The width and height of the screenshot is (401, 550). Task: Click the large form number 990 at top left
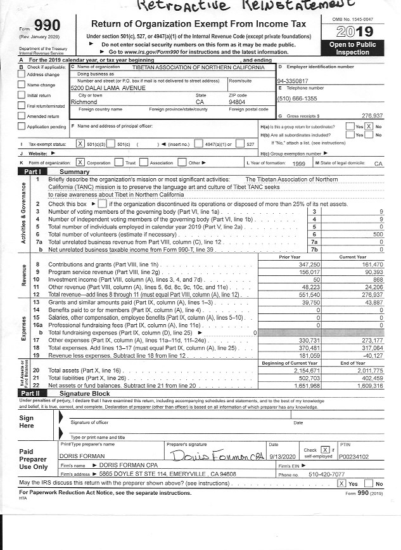[x=43, y=26]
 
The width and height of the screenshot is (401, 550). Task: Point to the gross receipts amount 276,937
[x=372, y=117]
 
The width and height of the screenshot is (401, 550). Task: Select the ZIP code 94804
[x=236, y=101]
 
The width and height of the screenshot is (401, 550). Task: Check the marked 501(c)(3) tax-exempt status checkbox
[x=80, y=145]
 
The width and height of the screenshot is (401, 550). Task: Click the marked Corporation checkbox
[x=80, y=163]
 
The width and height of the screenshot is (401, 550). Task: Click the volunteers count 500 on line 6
[x=377, y=234]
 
